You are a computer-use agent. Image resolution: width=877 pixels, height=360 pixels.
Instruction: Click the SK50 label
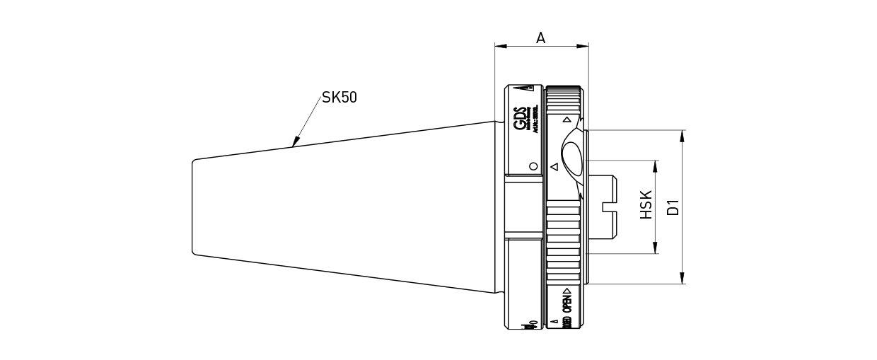339,98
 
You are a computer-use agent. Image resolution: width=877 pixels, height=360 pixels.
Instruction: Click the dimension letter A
541,38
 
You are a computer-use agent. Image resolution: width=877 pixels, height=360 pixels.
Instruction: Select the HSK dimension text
646,205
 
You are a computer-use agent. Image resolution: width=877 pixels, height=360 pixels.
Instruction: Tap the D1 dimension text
673,207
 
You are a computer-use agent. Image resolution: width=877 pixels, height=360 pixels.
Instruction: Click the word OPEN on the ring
567,301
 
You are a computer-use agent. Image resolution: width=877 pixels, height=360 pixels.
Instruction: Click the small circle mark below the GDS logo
533,166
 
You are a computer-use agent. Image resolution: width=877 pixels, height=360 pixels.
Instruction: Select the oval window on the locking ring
572,156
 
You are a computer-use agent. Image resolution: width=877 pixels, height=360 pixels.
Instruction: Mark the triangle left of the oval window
554,168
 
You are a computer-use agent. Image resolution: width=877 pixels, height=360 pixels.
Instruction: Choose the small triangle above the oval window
567,120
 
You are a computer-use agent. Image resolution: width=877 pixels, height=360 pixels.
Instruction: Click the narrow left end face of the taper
193,207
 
